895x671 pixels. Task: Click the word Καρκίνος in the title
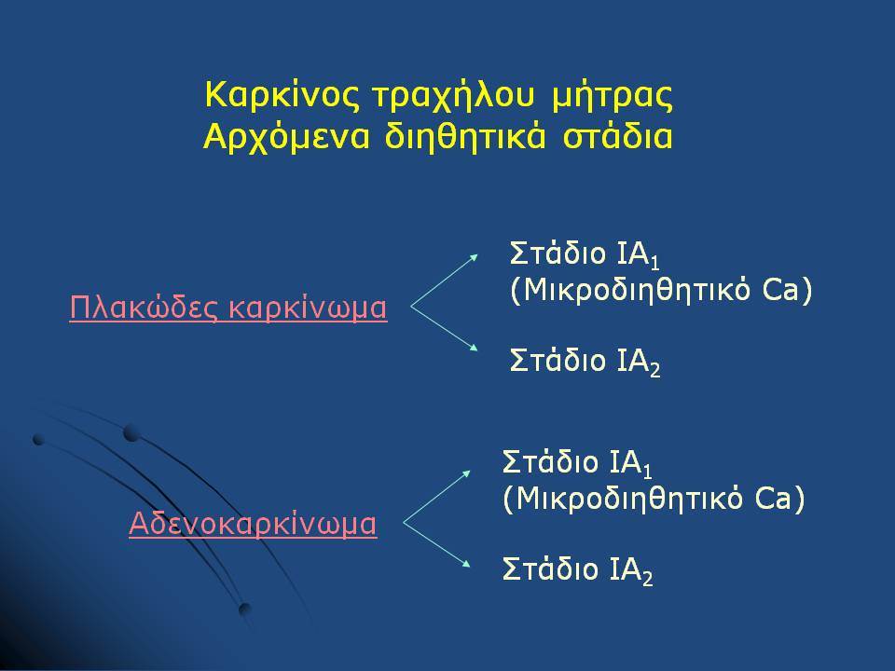point(282,95)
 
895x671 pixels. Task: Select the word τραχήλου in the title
point(454,97)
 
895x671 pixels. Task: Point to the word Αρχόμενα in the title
point(286,137)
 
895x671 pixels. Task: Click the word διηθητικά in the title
point(465,137)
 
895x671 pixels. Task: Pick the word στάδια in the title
point(617,137)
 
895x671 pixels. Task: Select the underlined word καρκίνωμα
point(308,308)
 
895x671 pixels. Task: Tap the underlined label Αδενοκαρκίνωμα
point(253,524)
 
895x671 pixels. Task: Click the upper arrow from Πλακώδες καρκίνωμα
point(444,281)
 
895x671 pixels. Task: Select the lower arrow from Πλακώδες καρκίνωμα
point(444,329)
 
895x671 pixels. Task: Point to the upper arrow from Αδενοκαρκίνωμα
point(436,497)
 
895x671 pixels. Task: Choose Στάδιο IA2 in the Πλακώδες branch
point(585,361)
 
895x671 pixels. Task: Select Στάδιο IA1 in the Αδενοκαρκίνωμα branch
point(578,463)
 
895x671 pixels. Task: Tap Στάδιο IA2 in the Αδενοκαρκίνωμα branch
point(578,569)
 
